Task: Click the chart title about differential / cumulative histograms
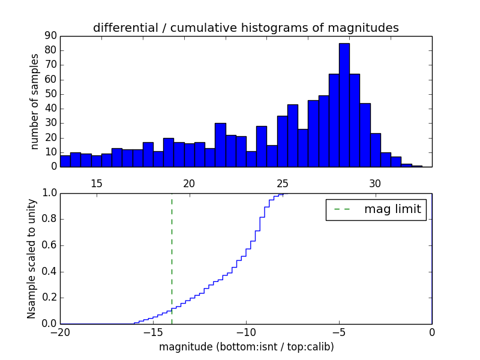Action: click(245, 28)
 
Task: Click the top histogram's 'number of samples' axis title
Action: click(35, 101)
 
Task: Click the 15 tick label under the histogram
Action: click(96, 184)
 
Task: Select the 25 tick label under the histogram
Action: click(283, 184)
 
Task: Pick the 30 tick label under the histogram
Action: click(375, 184)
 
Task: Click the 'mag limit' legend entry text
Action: click(392, 209)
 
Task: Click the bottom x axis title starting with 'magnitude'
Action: click(246, 347)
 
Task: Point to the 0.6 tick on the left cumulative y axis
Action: click(47, 245)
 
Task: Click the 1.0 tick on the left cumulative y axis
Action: click(47, 193)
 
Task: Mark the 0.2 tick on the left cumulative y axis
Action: click(47, 298)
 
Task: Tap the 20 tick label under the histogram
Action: click(190, 184)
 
